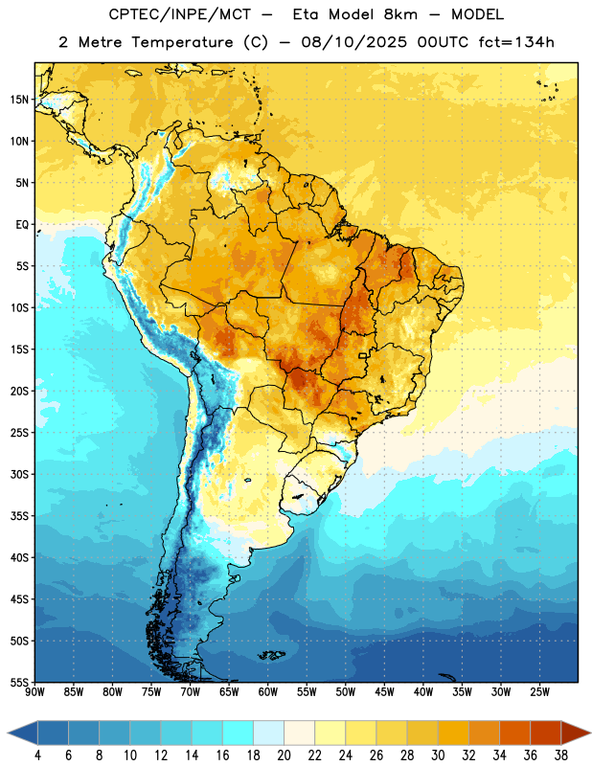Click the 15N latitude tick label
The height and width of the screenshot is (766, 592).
pos(19,100)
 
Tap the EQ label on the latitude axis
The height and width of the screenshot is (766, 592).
pos(22,225)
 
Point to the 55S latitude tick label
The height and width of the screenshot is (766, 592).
pos(19,683)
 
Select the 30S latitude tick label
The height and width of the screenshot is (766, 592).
pos(19,474)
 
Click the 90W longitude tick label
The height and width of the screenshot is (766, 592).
pos(34,692)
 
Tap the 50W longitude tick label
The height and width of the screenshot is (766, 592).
pos(346,692)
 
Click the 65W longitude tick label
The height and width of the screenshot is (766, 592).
pos(229,692)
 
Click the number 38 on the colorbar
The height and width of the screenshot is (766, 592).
pos(561,755)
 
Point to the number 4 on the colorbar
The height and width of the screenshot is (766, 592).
pos(37,755)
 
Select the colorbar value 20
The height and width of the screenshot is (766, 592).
pos(284,755)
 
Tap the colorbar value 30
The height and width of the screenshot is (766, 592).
pos(438,755)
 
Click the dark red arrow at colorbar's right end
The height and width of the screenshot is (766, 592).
pos(576,732)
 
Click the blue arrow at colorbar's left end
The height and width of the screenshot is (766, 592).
pos(23,732)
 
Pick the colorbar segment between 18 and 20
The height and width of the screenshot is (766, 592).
pos(268,732)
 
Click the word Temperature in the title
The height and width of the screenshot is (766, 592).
pos(182,42)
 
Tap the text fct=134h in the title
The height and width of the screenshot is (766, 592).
pos(516,42)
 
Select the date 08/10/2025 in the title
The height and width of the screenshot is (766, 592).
pos(353,42)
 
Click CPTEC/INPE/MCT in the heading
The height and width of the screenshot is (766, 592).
pos(179,14)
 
